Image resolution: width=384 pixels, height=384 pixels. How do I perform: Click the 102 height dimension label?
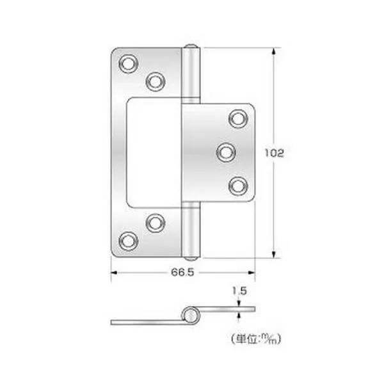click(275, 153)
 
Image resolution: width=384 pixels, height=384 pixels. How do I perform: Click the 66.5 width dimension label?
click(182, 272)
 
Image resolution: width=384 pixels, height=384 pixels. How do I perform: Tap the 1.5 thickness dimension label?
click(239, 291)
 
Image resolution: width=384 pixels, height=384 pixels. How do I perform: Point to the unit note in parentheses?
click(255, 339)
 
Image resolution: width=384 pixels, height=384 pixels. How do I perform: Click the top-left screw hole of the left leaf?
click(129, 64)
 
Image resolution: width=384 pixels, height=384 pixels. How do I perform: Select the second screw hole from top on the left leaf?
click(156, 81)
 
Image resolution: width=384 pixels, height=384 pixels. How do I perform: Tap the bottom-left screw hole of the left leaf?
click(129, 241)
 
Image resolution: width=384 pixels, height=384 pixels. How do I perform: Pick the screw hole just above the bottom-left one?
click(156, 223)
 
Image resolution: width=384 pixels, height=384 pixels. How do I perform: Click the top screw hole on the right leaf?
click(238, 119)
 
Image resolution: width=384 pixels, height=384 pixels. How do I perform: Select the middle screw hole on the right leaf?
click(226, 152)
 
